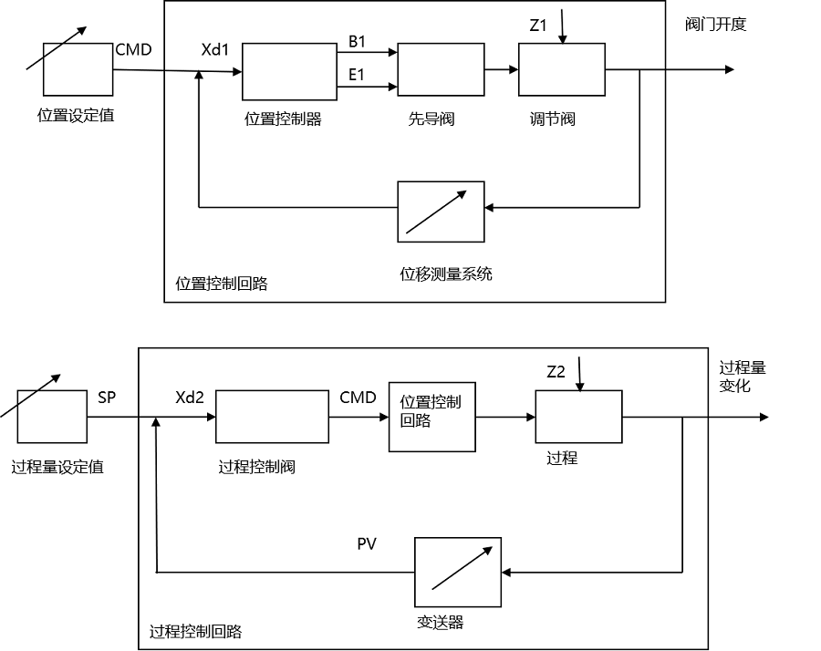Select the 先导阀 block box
coord(440,70)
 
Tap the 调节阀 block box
coord(561,69)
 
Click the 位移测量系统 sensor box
coord(440,212)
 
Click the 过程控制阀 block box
coord(272,418)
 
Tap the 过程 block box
coord(578,418)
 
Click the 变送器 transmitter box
coord(458,573)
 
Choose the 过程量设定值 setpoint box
coord(52,418)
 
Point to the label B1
coord(356,41)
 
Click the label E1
coord(356,75)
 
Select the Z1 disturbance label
coord(538,26)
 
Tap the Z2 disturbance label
coord(556,372)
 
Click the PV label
coord(367,544)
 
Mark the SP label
coord(106,398)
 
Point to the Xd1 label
coord(215,49)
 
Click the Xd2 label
coord(191,397)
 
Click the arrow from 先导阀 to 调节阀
coord(501,70)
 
